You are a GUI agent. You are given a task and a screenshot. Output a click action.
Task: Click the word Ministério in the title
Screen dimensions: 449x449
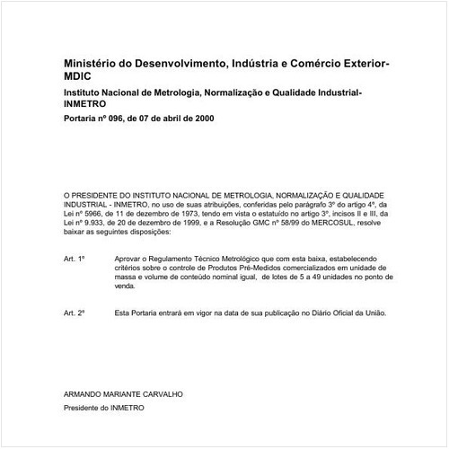coord(92,65)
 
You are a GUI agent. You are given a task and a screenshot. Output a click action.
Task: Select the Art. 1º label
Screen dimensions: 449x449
coord(75,259)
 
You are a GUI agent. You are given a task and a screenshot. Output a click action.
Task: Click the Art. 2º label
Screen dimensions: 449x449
coord(75,313)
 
